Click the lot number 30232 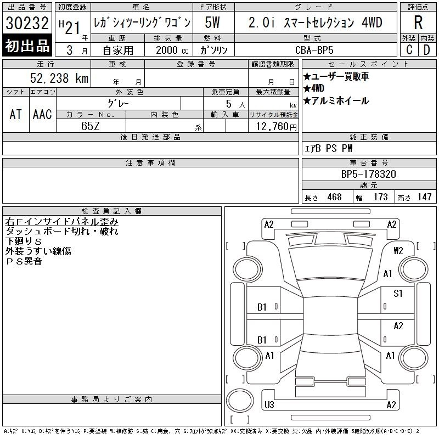click(27, 22)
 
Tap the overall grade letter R click(418, 22)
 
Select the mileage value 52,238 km click(59, 78)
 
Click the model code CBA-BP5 click(314, 50)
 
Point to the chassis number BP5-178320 click(368, 174)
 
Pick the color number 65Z click(91, 126)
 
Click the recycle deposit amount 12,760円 click(277, 126)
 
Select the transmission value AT click(16, 114)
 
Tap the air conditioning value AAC click(42, 114)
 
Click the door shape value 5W click(212, 22)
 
